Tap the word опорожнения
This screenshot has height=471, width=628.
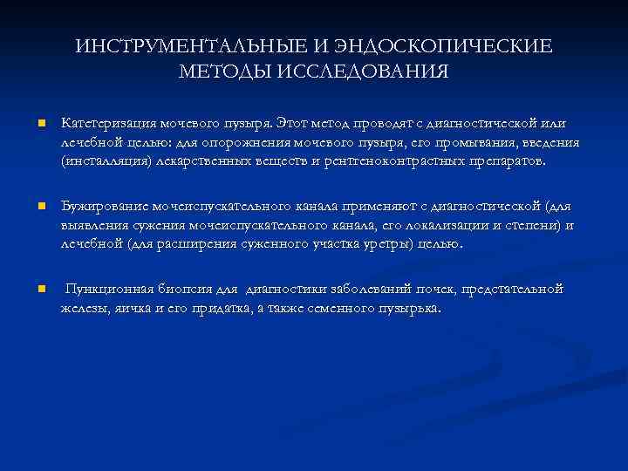[254, 142]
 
